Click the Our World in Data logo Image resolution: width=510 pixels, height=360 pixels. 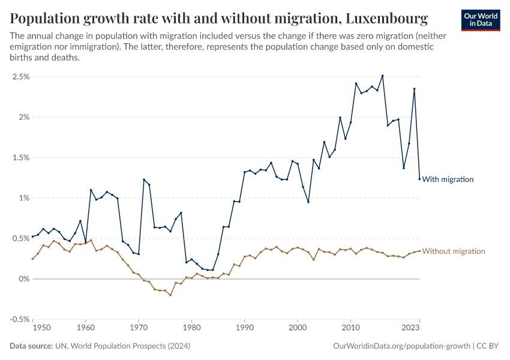point(481,19)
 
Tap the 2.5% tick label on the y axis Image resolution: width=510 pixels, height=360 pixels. point(20,77)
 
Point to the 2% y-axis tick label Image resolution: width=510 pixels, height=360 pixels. point(23,117)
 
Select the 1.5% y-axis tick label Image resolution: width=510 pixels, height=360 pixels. point(20,158)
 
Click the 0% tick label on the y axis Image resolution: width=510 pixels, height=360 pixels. point(23,279)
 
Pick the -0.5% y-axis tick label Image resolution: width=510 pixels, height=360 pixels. point(19,319)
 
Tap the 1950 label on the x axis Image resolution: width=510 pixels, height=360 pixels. point(41,328)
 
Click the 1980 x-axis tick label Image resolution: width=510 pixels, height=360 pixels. point(191,328)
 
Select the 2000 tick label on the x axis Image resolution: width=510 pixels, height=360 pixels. point(298,328)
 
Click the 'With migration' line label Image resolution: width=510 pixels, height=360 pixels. point(448,179)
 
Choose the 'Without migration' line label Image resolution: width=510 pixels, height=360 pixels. point(454,251)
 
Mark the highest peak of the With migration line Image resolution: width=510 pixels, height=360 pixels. point(382,76)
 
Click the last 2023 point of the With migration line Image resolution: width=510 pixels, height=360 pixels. point(419,179)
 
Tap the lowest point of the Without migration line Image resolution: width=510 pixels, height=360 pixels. point(170,295)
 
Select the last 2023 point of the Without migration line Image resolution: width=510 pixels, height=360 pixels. point(419,251)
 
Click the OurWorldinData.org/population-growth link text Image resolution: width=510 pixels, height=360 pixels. point(400,346)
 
